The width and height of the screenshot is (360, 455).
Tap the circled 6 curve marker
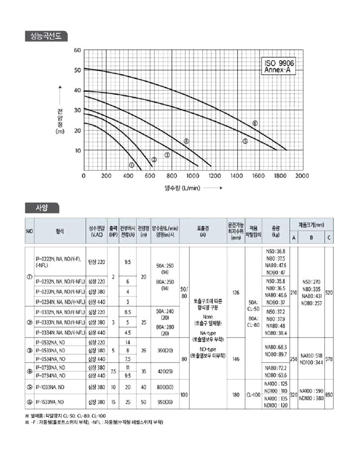point(255,123)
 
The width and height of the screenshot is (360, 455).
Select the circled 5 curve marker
point(245,141)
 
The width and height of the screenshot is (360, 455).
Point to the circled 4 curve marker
point(186,141)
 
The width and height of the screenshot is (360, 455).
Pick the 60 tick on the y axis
point(77,50)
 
